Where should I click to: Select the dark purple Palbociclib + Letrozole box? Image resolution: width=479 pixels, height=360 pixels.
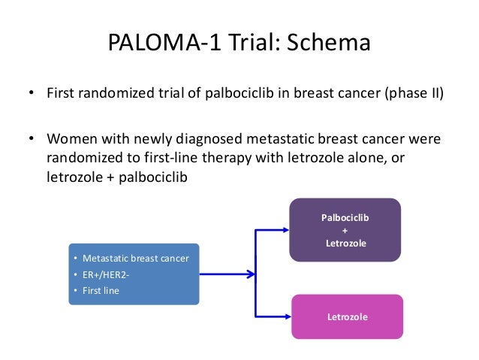click(x=345, y=229)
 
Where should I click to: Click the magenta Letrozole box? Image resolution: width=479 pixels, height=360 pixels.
click(x=348, y=316)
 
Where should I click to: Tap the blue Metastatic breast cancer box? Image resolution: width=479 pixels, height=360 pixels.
click(x=134, y=274)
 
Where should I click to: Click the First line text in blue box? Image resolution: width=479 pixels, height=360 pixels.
click(x=101, y=290)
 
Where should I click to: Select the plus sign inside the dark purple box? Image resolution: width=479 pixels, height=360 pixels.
click(x=345, y=230)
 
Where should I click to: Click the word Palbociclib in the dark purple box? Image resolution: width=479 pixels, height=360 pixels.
click(x=345, y=217)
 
